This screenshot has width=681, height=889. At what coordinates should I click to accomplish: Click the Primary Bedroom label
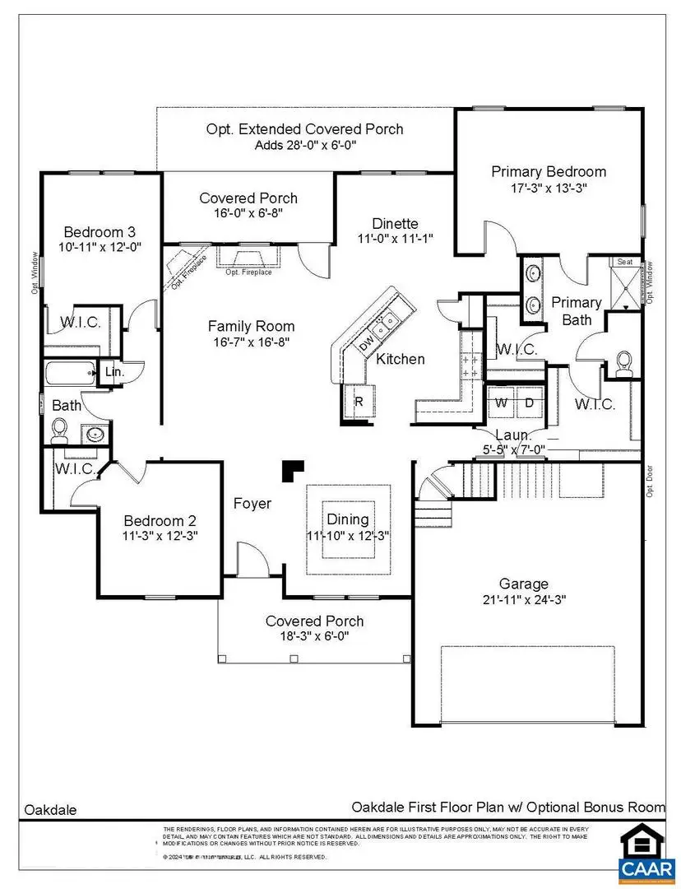coord(549,171)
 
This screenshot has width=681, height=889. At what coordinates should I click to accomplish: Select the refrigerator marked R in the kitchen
coord(359,403)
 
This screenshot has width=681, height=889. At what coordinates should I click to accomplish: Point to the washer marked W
coord(501,403)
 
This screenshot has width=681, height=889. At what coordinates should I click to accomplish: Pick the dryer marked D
coord(529,403)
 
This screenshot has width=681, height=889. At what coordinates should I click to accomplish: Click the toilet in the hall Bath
coord(59,428)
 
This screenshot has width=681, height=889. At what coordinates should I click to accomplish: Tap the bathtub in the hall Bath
coord(70,374)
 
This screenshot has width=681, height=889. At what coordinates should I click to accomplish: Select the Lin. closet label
coord(113,373)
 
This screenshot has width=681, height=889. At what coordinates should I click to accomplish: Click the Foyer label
coord(252,504)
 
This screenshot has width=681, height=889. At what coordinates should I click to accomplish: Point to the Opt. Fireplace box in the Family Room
coord(248,258)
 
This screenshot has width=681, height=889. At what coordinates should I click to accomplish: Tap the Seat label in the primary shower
coord(625,262)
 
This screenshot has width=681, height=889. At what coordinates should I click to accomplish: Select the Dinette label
coord(395,223)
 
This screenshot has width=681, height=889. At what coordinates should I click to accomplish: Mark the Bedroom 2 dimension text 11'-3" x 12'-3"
coord(160,535)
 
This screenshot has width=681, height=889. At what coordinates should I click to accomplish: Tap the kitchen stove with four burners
coord(470,366)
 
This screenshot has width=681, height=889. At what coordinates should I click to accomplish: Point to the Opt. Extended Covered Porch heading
coord(304,129)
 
